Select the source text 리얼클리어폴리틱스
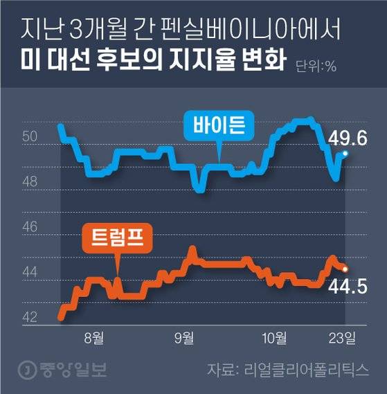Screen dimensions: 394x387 point(314,369)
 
